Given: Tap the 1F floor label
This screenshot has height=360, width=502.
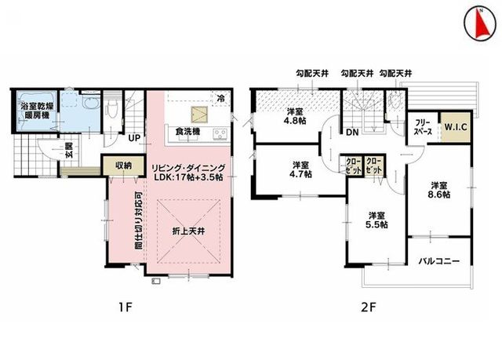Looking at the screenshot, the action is [125, 307].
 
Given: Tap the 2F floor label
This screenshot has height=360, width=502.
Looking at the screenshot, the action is [368, 307].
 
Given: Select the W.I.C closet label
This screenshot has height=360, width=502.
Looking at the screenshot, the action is [456, 127].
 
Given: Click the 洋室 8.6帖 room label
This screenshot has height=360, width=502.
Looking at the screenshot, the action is [439, 190].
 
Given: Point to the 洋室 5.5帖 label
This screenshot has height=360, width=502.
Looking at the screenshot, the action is [376, 220].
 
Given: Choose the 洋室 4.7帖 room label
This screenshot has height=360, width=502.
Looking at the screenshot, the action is [300, 169].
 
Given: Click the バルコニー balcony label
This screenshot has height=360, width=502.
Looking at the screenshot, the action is [439, 261].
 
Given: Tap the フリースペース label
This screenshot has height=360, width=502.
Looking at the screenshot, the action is [423, 127].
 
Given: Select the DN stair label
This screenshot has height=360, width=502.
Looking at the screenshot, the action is [352, 133].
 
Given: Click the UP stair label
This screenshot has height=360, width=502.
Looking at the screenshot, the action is [134, 138].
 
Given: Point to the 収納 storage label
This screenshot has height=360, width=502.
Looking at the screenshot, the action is [124, 165].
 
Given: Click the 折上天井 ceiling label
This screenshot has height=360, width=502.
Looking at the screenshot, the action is [188, 231].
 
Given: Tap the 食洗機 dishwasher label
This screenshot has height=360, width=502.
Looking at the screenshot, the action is [187, 132].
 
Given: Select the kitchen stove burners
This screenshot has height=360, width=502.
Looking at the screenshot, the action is [220, 133].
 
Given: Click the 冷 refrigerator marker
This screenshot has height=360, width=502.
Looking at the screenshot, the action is [220, 98].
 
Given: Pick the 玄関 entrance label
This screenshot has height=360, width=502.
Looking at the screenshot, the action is [69, 151].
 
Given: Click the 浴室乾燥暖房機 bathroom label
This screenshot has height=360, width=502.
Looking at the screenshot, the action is [35, 111].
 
